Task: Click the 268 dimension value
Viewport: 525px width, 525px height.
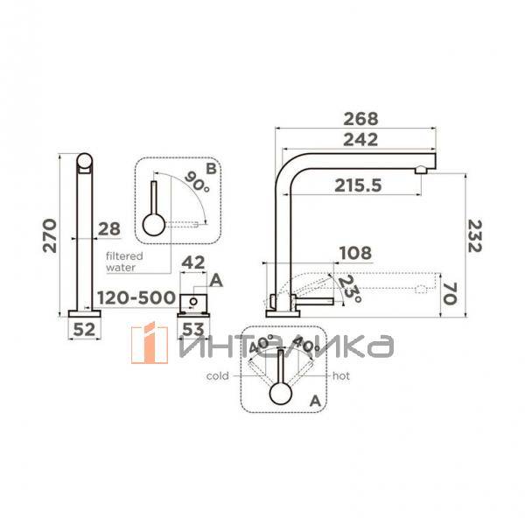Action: (x=360, y=119)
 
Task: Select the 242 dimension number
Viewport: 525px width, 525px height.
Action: (x=360, y=140)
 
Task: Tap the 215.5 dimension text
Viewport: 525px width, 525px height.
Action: (x=358, y=185)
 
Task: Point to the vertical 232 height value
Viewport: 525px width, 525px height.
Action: (x=474, y=236)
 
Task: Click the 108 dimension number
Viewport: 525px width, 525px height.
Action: (x=355, y=253)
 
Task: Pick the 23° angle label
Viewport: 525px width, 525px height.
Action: (x=350, y=289)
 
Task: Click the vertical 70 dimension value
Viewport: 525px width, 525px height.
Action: (x=451, y=294)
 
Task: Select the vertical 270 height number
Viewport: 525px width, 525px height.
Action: (x=50, y=235)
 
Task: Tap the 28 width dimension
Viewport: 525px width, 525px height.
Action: (x=109, y=229)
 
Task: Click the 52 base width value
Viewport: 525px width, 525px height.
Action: (x=84, y=330)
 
